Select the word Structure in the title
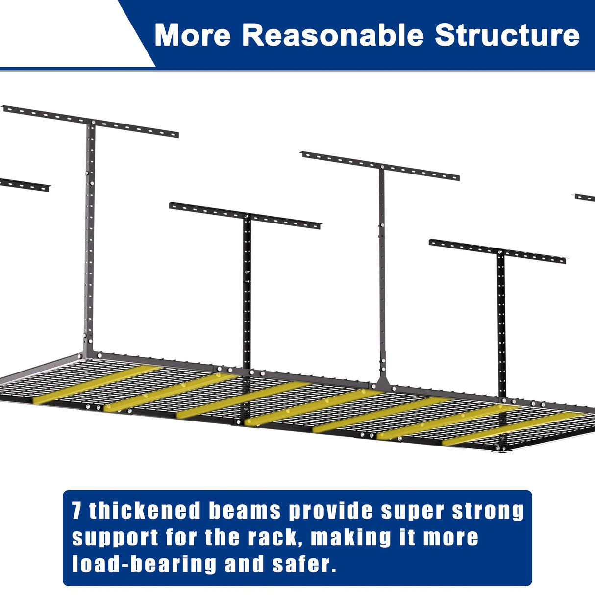pos(507,35)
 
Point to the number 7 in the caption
pos(76,511)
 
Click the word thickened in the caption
pos(145,511)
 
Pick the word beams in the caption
pos(245,511)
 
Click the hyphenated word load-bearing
pos(144,564)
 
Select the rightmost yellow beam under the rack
pos(515,427)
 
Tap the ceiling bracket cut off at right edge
pos(585,198)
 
